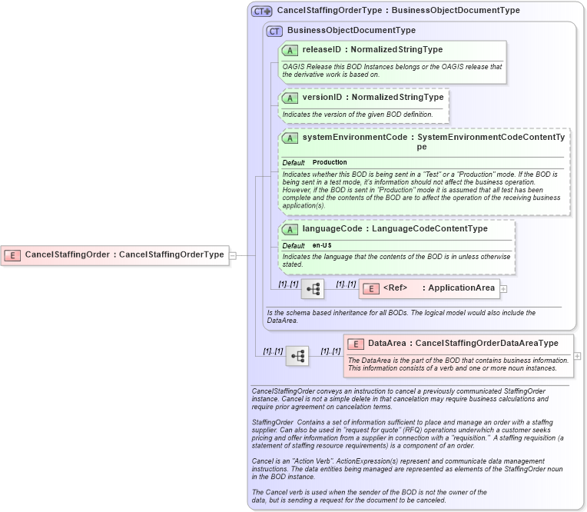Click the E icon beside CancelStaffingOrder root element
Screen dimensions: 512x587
coord(12,254)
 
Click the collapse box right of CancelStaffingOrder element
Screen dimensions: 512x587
coord(233,255)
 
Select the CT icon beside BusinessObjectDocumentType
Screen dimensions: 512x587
coord(274,31)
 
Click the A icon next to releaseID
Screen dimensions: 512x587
coord(290,50)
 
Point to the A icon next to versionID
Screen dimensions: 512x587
coord(290,98)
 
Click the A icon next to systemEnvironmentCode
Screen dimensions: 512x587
coord(290,138)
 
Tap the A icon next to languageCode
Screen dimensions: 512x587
coord(290,229)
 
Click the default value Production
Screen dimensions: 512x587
coord(330,163)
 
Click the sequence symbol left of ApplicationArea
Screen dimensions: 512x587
coord(313,289)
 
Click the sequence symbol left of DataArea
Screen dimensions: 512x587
coord(297,356)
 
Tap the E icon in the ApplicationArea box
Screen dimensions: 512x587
coord(371,288)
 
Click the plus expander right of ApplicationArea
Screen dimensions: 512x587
coord(504,289)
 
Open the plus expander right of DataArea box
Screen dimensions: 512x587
coord(577,356)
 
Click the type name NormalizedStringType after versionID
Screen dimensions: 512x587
coord(397,98)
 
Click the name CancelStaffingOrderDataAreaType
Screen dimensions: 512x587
coord(486,343)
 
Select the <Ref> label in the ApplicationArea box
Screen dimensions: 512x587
coord(395,288)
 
